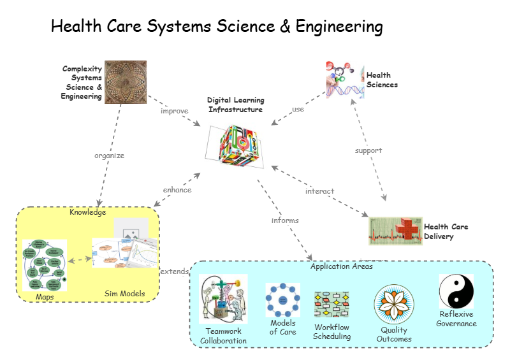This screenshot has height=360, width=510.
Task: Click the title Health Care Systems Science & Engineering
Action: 217,27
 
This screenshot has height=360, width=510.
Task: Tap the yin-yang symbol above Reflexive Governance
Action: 456,291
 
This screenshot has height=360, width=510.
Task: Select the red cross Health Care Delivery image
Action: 395,231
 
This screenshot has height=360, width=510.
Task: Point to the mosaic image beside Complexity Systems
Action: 126,81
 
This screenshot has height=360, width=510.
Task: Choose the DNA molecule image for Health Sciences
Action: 345,80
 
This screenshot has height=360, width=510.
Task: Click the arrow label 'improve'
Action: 175,111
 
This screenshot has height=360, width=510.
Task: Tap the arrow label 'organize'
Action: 110,155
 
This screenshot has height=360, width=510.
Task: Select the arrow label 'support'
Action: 368,150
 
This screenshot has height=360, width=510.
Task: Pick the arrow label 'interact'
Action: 319,191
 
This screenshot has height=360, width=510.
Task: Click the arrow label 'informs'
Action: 285,220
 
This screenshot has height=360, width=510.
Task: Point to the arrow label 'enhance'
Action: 177,189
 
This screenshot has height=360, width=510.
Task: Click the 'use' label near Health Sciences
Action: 298,109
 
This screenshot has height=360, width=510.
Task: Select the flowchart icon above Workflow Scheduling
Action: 331,305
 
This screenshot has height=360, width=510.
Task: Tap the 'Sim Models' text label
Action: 125,294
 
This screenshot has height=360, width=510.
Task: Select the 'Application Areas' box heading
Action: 342,266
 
